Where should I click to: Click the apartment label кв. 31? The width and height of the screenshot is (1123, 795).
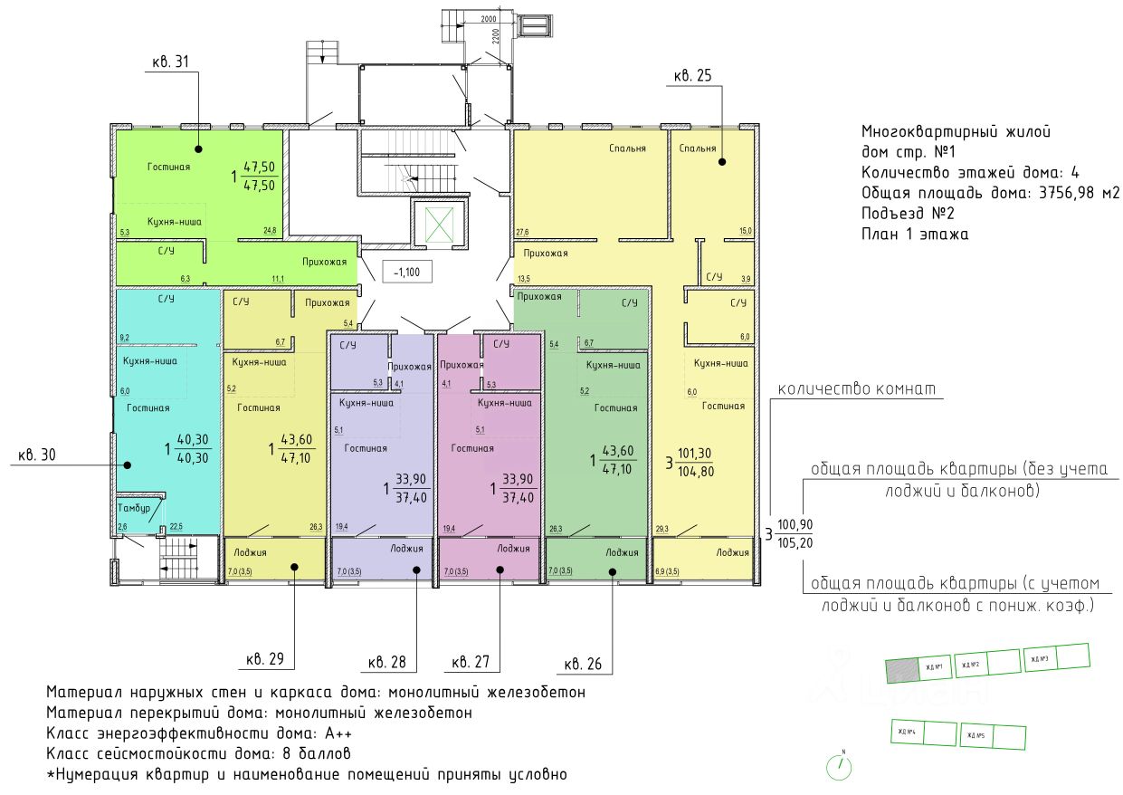170,62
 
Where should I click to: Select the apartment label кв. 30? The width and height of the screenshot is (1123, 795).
37,455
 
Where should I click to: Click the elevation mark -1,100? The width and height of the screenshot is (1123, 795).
401,270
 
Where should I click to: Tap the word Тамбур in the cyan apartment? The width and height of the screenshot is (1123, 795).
134,510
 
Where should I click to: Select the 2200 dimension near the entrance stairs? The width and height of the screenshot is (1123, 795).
497,37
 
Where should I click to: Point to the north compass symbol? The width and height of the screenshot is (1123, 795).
842,766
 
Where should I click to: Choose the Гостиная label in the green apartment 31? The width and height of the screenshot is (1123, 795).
168,168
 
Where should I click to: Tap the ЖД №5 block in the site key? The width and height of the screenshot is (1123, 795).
974,734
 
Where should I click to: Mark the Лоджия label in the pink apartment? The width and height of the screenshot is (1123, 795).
512,549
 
